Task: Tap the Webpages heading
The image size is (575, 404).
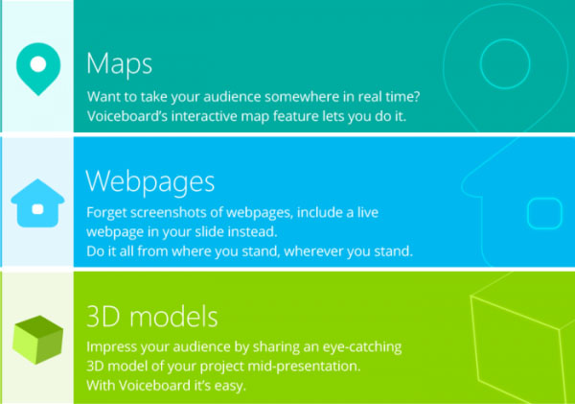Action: coord(150,182)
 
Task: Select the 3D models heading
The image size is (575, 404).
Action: coord(152,317)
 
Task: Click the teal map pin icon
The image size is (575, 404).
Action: coord(38,69)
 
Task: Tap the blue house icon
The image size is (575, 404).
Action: coord(37,203)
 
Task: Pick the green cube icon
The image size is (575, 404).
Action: coord(37,340)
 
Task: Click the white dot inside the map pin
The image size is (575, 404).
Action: coord(38,64)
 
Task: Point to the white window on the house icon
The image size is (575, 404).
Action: coord(37,209)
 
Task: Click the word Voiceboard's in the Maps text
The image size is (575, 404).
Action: coord(127,116)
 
